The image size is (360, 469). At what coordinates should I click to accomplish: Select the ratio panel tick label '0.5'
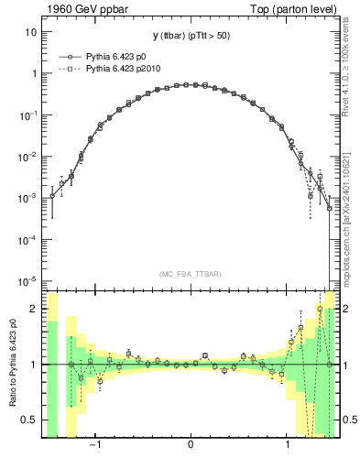click(x=29, y=420)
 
